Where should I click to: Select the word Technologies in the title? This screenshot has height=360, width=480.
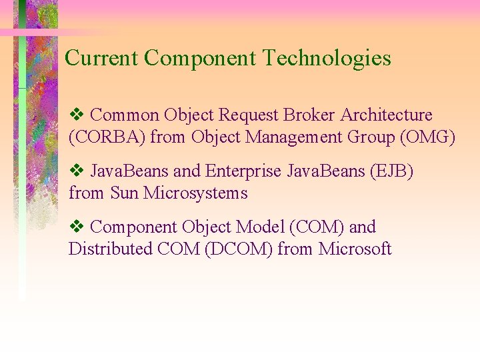[327, 59]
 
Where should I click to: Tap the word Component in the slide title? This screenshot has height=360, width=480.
[200, 59]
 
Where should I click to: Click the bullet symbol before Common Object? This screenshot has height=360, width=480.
[75, 115]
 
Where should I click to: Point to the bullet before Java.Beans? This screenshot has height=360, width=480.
[75, 171]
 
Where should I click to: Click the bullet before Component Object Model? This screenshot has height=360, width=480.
[75, 227]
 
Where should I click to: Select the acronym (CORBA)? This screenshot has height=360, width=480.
[107, 138]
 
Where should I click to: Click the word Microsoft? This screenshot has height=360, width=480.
[355, 249]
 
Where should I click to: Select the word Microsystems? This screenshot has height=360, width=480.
[195, 193]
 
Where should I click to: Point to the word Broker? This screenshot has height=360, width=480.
[310, 115]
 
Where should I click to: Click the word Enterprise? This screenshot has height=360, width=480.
[244, 171]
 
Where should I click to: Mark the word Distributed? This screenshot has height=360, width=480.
[110, 249]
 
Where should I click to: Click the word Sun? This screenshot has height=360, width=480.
[124, 193]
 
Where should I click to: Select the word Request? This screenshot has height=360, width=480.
[249, 115]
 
